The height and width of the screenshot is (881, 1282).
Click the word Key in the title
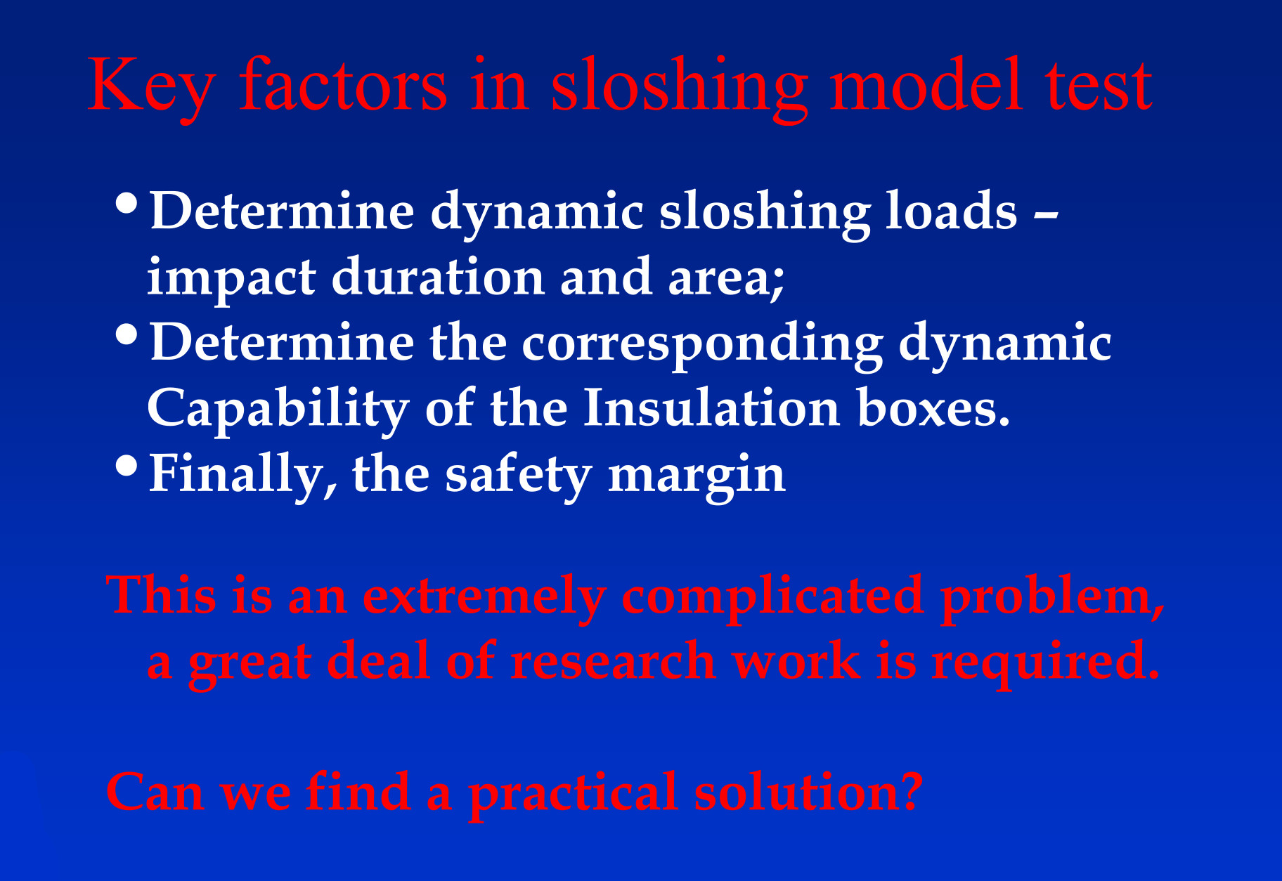[151, 86]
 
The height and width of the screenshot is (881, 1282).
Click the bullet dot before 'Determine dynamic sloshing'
[127, 204]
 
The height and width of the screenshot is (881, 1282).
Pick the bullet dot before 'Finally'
[127, 466]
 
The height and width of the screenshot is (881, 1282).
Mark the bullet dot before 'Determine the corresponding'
[127, 334]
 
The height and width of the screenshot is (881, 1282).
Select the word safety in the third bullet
[519, 475]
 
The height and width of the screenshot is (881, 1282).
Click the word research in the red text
[613, 661]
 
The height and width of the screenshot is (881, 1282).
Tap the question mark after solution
[911, 791]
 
